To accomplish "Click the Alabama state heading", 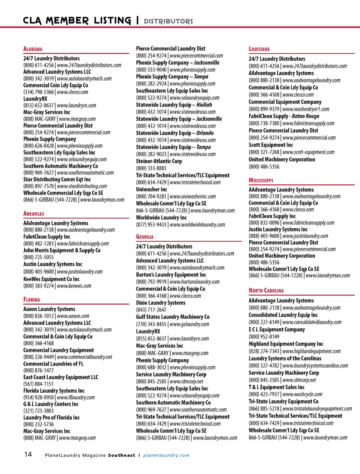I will pos(33,49).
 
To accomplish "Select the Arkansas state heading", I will pos(34,214).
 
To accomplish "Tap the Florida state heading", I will pos(31,300).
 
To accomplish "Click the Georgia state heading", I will pos(145,237).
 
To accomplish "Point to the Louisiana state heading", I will pos(259,49).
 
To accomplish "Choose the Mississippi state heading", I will pos(261,180).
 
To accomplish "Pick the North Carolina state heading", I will pos(266,290).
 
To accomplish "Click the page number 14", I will pos(28,455).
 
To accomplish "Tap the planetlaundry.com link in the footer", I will pos(166,455).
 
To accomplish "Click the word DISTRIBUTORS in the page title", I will pos(168,21).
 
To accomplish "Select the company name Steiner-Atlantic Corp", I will pos(159,161).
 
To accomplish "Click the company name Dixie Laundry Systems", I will pos(160,303).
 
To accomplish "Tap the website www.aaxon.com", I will pos(73,316).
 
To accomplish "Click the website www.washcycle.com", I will pos(302,394).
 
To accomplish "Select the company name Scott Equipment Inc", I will pos(271,145).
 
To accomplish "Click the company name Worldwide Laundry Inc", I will pos(161,218).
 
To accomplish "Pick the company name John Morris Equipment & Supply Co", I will pos(62,250).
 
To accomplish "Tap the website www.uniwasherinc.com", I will pos(193,196).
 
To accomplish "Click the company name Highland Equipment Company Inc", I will pos(286,344).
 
